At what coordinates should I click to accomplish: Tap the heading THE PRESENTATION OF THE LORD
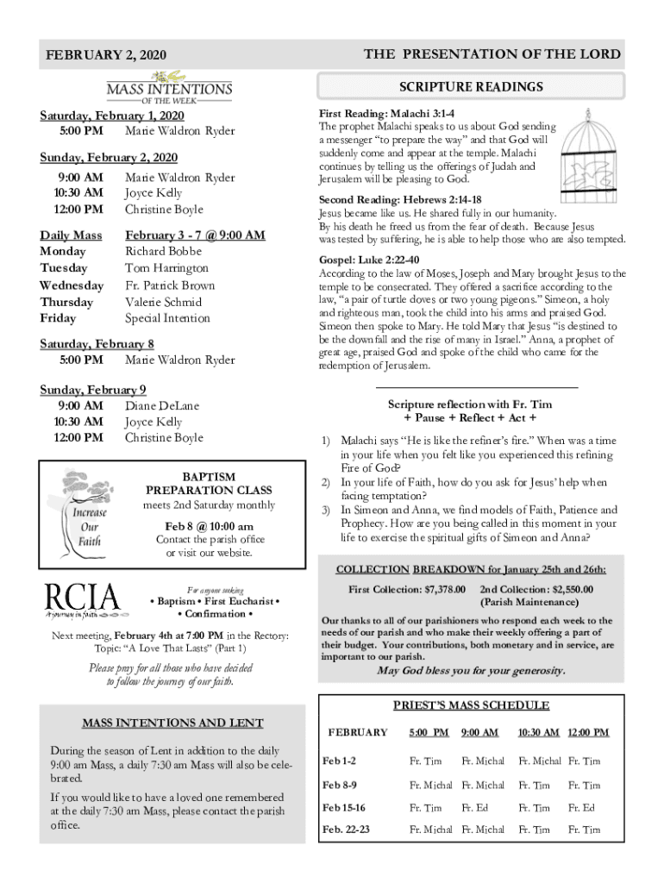pos(492,53)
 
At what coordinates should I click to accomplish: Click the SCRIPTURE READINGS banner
pos(471,87)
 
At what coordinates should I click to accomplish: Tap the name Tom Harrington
pos(166,268)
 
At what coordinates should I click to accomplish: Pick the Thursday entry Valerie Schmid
pos(163,302)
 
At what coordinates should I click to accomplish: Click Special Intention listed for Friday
pos(167,318)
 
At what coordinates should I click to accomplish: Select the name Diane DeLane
pos(161,405)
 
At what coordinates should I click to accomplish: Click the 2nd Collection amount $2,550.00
pos(561,589)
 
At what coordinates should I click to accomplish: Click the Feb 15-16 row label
pos(343,808)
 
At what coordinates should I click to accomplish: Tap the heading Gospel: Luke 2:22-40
pos(369,260)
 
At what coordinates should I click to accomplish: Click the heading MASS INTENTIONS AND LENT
pos(172,723)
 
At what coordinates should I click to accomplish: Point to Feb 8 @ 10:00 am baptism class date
pos(210,526)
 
